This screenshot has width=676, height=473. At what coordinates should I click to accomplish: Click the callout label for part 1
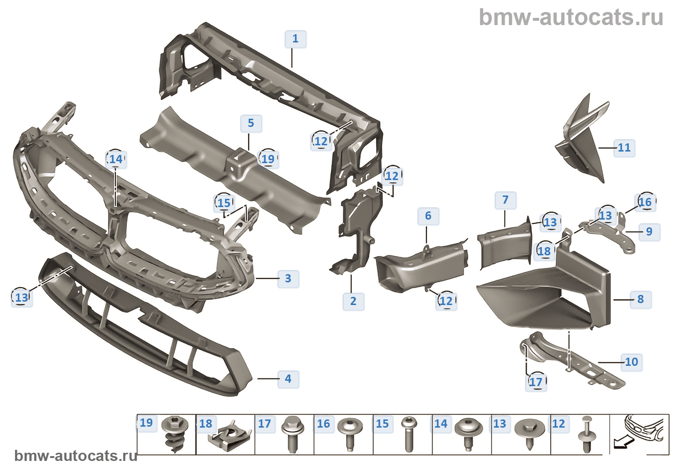[296, 39]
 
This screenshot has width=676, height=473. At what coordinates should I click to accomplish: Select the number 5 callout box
[251, 124]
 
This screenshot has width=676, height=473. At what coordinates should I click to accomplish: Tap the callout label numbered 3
[288, 278]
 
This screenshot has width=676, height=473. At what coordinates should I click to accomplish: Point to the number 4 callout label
[288, 379]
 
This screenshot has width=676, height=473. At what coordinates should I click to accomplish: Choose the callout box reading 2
[353, 301]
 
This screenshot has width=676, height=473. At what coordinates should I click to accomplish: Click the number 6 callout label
[428, 216]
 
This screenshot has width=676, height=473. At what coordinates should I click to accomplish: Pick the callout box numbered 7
[506, 200]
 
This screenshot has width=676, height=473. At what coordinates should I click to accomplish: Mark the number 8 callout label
[641, 299]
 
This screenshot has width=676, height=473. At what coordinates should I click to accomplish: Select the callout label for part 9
[649, 232]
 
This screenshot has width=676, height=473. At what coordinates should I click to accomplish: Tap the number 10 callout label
[632, 362]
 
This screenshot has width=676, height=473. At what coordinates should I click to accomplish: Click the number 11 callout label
[624, 148]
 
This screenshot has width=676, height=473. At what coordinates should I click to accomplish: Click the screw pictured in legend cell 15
[408, 434]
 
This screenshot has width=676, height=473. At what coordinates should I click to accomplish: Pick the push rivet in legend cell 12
[587, 434]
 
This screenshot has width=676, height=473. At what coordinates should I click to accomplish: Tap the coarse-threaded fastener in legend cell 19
[174, 434]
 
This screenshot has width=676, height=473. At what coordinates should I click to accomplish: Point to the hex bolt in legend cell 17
[292, 434]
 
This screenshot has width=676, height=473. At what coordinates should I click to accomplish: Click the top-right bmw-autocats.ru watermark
[571, 17]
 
